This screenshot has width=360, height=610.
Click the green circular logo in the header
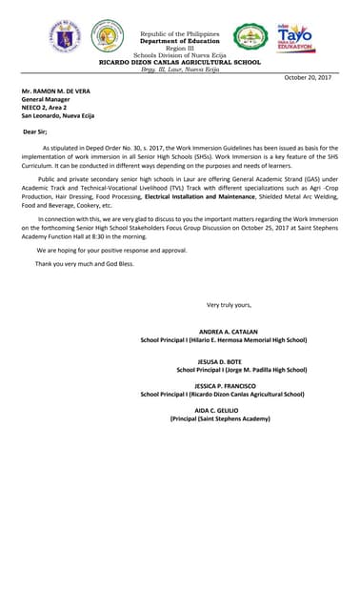(250, 37)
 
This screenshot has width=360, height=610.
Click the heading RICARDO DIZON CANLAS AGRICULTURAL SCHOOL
(180, 62)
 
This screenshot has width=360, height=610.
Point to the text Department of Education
(179, 42)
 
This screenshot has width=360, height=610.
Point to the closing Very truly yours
(229, 304)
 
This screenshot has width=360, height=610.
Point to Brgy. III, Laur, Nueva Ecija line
(180, 70)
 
